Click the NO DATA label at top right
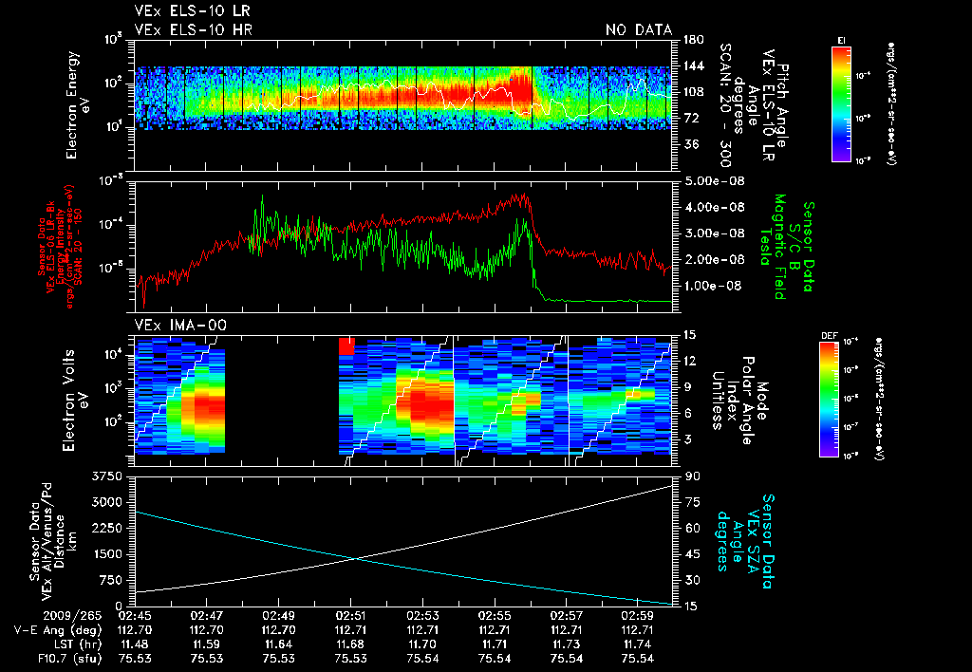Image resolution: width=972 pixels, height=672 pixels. point(638,30)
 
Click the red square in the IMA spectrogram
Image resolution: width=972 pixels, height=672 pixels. point(346,345)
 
